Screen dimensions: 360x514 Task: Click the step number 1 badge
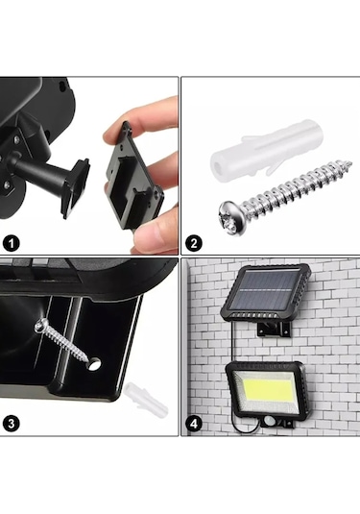click(12, 244)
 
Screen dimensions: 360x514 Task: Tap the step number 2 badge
click(194, 243)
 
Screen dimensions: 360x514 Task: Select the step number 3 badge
click(12, 424)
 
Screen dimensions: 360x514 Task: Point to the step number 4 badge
click(194, 424)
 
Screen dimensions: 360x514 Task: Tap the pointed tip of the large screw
click(350, 162)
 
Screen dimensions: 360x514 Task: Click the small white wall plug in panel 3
click(146, 398)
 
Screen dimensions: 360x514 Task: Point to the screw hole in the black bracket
click(94, 364)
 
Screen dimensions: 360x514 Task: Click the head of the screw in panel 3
click(40, 325)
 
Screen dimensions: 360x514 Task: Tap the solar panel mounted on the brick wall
click(265, 293)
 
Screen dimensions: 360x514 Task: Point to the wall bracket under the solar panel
click(275, 329)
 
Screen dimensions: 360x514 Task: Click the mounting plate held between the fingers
click(134, 176)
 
